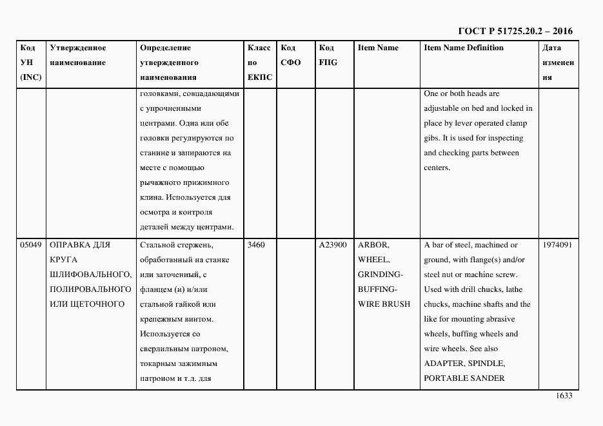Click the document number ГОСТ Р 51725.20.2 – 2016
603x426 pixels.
(x=515, y=31)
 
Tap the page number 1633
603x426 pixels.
(x=564, y=396)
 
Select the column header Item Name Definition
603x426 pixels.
(x=464, y=48)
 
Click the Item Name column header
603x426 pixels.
(x=378, y=48)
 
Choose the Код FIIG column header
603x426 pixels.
(x=328, y=55)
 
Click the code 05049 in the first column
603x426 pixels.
(x=31, y=245)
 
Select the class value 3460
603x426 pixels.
(x=256, y=245)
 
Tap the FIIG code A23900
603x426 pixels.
(x=333, y=245)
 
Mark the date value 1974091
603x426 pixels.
(x=557, y=245)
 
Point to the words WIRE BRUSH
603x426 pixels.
(x=384, y=304)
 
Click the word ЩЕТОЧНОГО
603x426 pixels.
(x=95, y=304)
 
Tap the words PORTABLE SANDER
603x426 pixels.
(x=464, y=378)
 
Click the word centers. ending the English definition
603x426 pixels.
(x=437, y=168)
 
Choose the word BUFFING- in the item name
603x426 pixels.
(x=377, y=289)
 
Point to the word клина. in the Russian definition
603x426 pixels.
(x=151, y=197)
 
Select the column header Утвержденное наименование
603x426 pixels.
(x=78, y=55)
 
